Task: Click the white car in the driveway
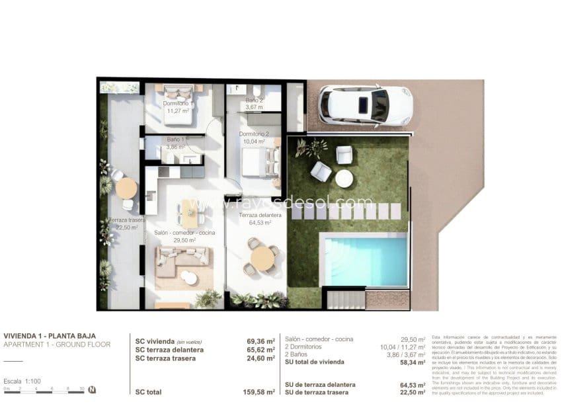pyautogui.click(x=365, y=106)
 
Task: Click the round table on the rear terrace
pyautogui.click(x=126, y=188)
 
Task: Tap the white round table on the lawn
pyautogui.click(x=344, y=179)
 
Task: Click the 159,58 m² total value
pyautogui.click(x=258, y=392)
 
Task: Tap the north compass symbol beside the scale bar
pyautogui.click(x=92, y=389)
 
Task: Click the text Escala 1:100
pyautogui.click(x=22, y=382)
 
